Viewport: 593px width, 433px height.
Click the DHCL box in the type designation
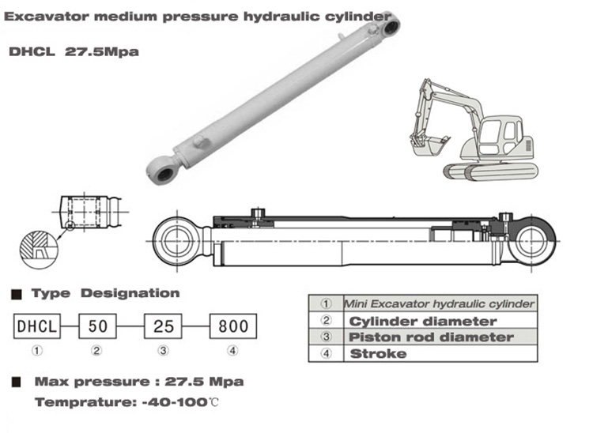pyautogui.click(x=36, y=326)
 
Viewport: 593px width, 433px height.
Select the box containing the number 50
pyautogui.click(x=97, y=326)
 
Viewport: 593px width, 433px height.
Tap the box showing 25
pyautogui.click(x=163, y=326)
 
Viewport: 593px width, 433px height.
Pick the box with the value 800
pyautogui.click(x=233, y=326)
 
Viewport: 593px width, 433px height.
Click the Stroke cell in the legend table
pyautogui.click(x=440, y=354)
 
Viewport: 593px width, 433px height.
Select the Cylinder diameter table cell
pyautogui.click(x=440, y=321)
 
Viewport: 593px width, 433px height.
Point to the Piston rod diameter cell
pyautogui.click(x=440, y=337)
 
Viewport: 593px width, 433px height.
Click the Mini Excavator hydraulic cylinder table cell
pyautogui.click(x=440, y=303)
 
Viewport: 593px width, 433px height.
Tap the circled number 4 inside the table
pyautogui.click(x=326, y=354)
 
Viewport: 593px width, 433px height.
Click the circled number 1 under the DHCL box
pyautogui.click(x=36, y=351)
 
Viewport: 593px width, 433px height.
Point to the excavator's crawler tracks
pyautogui.click(x=490, y=172)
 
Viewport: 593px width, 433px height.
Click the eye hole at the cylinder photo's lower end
pyautogui.click(x=165, y=174)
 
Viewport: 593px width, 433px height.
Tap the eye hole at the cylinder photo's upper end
pyautogui.click(x=391, y=27)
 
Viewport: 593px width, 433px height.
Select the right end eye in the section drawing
pyautogui.click(x=532, y=242)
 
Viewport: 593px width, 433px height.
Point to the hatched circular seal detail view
pyautogui.click(x=39, y=250)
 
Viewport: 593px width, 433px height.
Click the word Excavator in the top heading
pyautogui.click(x=47, y=17)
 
